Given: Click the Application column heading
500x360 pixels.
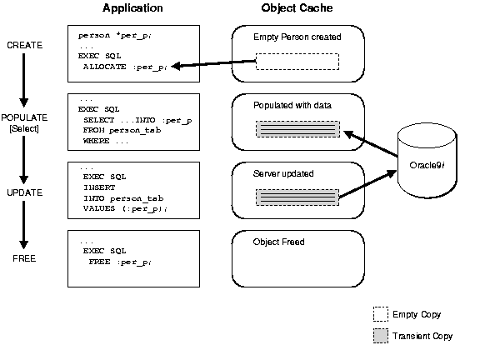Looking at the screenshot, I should (x=132, y=8).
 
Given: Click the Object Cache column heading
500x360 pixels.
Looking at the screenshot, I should (x=297, y=8).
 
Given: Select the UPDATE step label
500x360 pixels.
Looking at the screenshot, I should (x=24, y=192).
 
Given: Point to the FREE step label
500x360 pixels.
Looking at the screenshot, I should (x=24, y=258).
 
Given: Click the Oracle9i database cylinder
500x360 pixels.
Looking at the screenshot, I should (x=429, y=160).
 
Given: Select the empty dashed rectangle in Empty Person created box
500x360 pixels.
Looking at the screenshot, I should (x=297, y=62).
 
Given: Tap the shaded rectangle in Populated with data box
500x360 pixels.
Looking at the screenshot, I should (x=297, y=129).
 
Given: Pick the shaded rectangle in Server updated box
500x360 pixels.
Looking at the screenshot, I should (x=297, y=198).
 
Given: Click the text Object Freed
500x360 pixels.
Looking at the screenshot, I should (x=278, y=242).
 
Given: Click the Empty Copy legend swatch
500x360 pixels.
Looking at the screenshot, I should (x=381, y=314).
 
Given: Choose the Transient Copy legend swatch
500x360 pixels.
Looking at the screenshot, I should (x=381, y=336).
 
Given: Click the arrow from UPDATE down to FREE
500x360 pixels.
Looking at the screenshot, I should (x=24, y=225).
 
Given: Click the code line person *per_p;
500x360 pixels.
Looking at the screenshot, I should (x=112, y=36).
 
